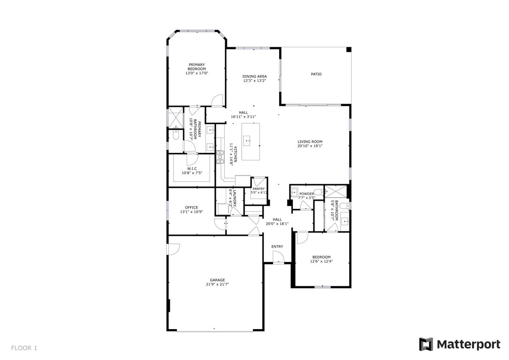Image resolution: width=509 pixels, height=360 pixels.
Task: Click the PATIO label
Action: (x=316, y=74)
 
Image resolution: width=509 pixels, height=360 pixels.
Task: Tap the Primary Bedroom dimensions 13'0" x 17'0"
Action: (x=196, y=73)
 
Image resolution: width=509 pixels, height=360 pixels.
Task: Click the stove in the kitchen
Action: (x=220, y=157)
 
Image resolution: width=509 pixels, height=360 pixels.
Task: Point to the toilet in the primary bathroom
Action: (x=176, y=135)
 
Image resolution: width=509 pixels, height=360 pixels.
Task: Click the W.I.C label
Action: (x=192, y=168)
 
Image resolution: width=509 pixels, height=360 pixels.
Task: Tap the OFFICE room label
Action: (x=191, y=207)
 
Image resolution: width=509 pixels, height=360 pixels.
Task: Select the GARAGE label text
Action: (x=217, y=280)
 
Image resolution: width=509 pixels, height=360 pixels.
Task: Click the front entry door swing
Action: (x=278, y=257)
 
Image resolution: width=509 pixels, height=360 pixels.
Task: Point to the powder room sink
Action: (x=294, y=193)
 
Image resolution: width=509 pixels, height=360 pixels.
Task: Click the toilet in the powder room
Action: (x=319, y=191)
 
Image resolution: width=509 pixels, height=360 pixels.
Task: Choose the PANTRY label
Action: (x=259, y=189)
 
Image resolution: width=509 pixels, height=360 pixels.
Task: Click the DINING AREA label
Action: (x=255, y=76)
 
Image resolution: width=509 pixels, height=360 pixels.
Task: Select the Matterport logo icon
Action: (x=426, y=344)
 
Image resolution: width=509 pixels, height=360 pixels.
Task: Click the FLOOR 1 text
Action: (x=24, y=348)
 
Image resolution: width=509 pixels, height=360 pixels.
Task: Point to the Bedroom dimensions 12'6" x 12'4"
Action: (x=321, y=262)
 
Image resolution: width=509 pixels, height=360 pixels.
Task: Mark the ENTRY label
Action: (x=277, y=247)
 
